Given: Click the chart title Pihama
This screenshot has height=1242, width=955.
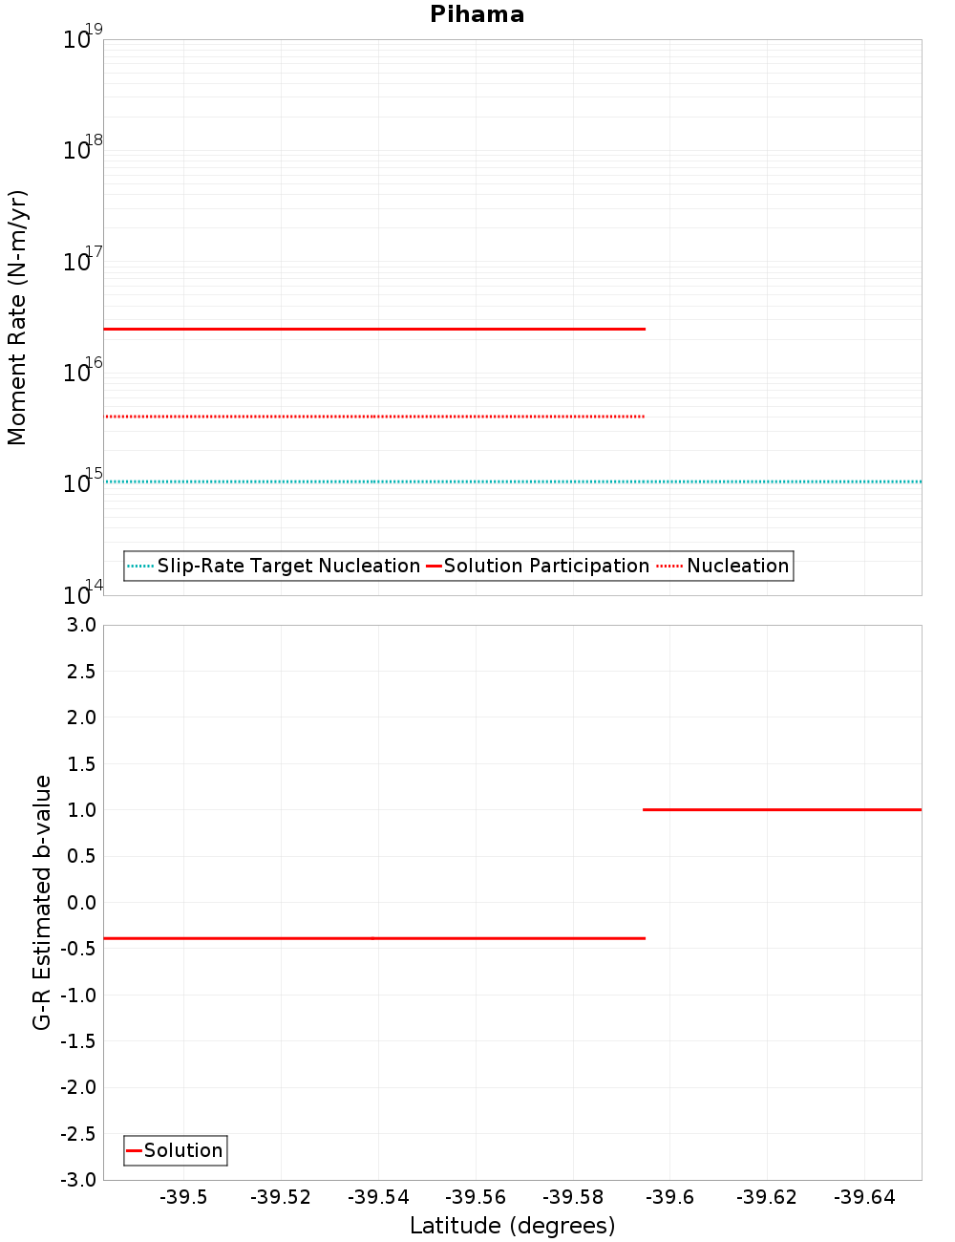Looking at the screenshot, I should coord(477,14).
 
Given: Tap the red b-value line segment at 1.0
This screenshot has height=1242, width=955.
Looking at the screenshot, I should coord(782,809).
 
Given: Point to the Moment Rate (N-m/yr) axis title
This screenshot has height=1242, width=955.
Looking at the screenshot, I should coord(17,317).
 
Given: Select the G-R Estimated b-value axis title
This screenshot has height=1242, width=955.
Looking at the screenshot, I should coord(42,902).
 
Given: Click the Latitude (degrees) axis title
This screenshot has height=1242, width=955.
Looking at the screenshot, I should coord(512,1226).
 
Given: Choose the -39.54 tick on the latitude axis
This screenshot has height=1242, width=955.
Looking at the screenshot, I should coord(378,1197).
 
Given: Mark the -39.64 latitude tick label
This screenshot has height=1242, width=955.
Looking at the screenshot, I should coord(863,1197).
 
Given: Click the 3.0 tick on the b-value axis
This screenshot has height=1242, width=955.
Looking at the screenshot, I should coord(81,625).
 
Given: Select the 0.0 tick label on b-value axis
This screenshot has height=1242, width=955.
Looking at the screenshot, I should coord(81,902).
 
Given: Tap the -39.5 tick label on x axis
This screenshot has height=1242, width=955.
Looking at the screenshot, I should coord(183,1197).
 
